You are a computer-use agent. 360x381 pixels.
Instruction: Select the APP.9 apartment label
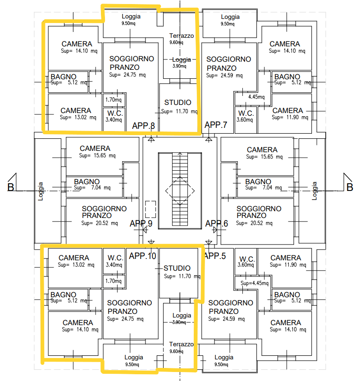click(x=141, y=223)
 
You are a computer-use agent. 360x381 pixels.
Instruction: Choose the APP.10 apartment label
click(x=142, y=256)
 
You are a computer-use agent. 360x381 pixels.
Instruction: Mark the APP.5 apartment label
click(x=215, y=256)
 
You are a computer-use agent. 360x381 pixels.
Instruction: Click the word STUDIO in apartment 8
click(x=178, y=103)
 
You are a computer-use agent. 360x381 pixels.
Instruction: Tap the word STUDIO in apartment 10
click(x=177, y=268)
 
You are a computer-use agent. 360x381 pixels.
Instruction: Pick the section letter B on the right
click(x=349, y=187)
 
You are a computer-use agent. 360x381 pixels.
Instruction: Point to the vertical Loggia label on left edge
click(x=40, y=190)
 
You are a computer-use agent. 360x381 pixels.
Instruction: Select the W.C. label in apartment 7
click(x=246, y=113)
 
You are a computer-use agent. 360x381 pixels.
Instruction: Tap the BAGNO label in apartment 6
click(x=258, y=181)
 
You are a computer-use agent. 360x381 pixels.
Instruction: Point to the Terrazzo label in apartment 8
click(x=181, y=36)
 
